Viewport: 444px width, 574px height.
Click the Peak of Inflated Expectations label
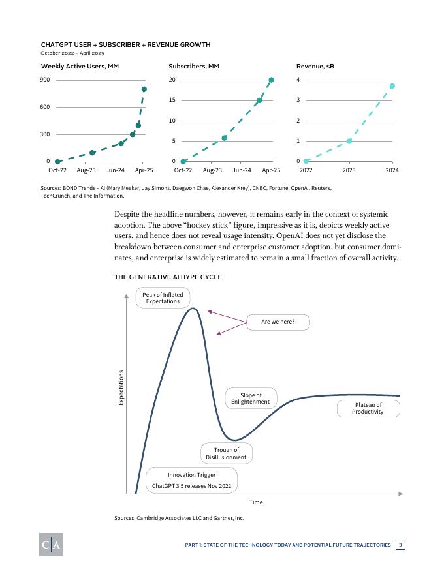tap(163, 298)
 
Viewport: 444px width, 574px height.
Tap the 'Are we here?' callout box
tap(277, 322)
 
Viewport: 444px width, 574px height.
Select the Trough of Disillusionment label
tap(226, 453)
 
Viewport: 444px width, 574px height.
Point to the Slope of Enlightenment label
tap(251, 399)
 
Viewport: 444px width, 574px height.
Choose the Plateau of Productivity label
tap(368, 408)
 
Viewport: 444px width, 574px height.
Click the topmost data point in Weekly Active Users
tap(144, 89)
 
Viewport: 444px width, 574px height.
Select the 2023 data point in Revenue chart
tap(349, 141)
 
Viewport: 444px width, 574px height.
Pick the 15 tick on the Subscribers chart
tap(172, 100)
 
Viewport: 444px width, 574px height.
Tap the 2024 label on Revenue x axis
tap(392, 170)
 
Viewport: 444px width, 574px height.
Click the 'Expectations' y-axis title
tap(121, 387)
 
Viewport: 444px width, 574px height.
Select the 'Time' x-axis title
tap(256, 502)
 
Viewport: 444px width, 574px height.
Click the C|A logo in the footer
tap(50, 545)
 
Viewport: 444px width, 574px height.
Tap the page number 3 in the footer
tap(400, 545)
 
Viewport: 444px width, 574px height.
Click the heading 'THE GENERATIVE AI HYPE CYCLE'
tap(168, 277)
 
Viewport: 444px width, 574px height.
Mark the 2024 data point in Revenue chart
tap(392, 86)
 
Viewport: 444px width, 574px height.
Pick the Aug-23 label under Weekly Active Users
tap(86, 170)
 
